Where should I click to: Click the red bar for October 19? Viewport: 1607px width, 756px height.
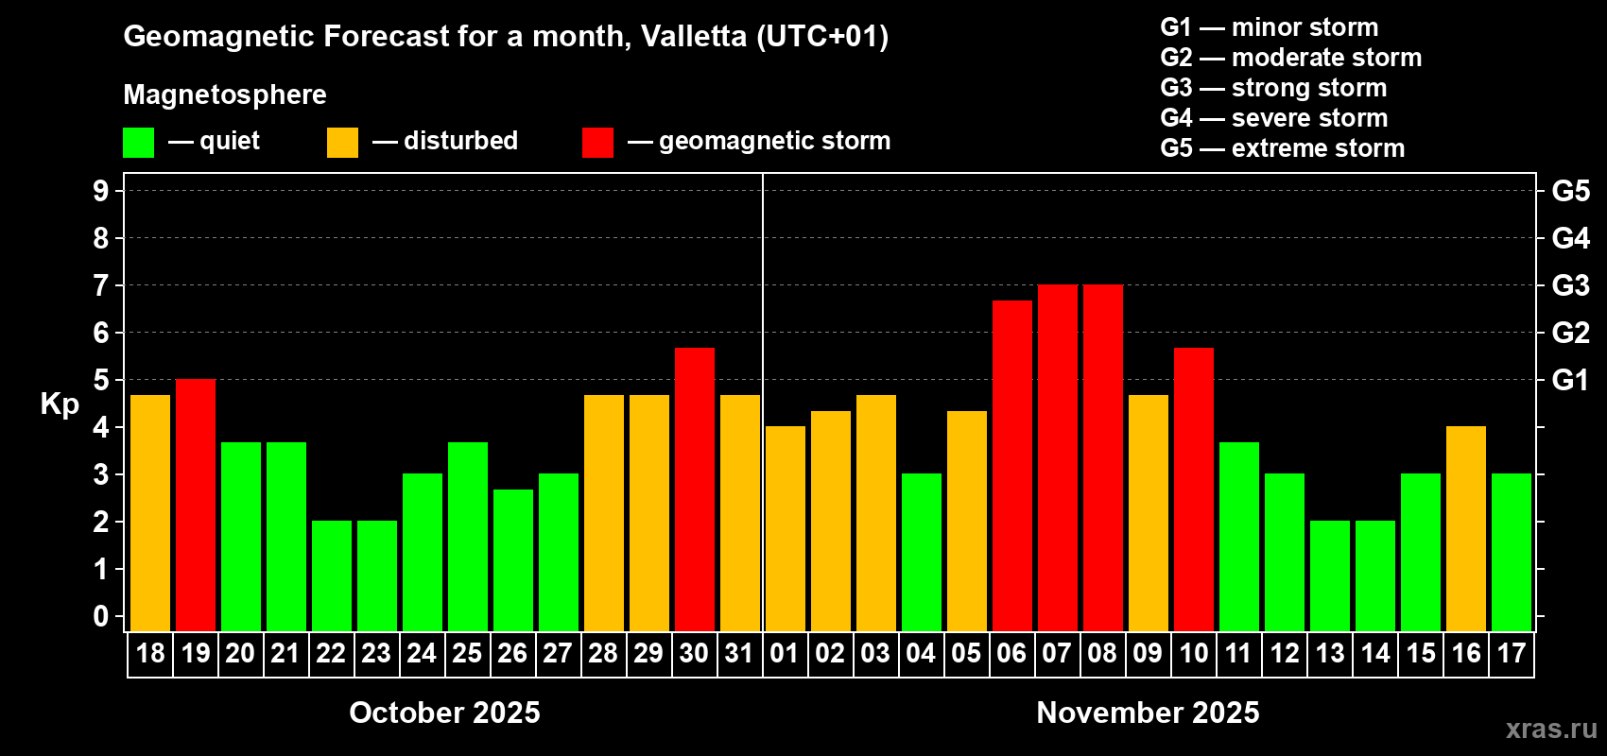tap(196, 505)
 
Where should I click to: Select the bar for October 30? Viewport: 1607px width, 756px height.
tap(695, 490)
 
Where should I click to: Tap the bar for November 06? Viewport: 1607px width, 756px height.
tap(1012, 466)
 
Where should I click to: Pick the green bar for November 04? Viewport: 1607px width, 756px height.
tap(922, 552)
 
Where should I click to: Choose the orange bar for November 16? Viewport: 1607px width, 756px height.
tap(1466, 528)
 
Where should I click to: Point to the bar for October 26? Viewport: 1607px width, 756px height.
tap(513, 559)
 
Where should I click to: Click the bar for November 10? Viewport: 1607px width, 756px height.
tap(1194, 490)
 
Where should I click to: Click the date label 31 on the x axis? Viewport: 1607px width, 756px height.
tap(739, 654)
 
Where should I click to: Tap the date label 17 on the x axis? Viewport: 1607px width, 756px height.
tap(1512, 654)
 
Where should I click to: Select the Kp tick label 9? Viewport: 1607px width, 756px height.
tap(101, 191)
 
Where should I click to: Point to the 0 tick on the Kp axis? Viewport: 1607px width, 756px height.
tap(101, 617)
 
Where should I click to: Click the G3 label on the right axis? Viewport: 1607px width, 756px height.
tap(1570, 285)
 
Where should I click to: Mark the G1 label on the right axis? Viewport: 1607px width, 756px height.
tap(1570, 380)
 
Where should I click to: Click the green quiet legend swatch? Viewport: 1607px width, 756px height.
tap(139, 143)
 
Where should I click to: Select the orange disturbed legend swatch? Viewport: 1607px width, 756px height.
tap(343, 143)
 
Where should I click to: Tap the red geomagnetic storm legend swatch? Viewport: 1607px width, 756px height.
tap(597, 143)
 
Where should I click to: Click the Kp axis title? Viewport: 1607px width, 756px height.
tap(60, 404)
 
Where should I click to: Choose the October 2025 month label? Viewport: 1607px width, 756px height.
tap(444, 713)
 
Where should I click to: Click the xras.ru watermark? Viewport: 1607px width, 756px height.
tap(1551, 729)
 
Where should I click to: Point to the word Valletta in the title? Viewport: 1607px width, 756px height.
tap(694, 37)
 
